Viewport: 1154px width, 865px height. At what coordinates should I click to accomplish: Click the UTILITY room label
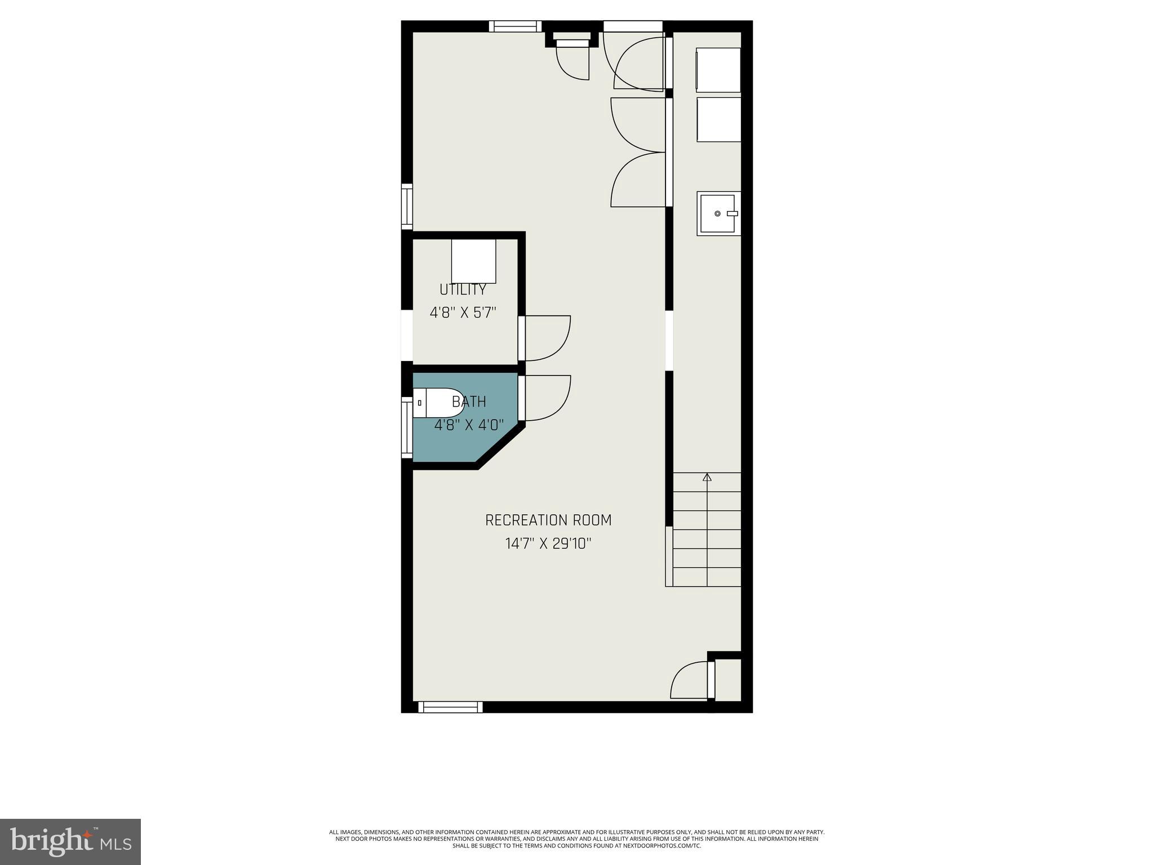[463, 289]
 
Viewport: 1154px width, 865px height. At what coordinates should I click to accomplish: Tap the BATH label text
[469, 402]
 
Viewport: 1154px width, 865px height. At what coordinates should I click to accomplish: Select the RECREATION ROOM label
[548, 520]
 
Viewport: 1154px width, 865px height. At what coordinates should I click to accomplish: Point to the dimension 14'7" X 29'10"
[548, 544]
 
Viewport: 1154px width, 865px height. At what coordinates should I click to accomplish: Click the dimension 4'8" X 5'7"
[463, 313]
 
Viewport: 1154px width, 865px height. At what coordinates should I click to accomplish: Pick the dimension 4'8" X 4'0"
[469, 425]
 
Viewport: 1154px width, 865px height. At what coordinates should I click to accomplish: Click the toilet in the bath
[437, 403]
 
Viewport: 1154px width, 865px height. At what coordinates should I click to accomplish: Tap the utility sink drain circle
[717, 213]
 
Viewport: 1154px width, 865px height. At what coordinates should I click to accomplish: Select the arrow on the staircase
[707, 478]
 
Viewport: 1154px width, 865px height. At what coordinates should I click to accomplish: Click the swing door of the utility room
[545, 338]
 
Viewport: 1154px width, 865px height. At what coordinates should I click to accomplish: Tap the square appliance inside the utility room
[473, 261]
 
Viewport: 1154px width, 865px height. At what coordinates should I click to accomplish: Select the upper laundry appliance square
[718, 70]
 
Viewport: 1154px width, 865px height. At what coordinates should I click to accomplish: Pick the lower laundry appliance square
[718, 119]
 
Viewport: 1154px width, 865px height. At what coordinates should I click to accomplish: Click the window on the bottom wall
[450, 707]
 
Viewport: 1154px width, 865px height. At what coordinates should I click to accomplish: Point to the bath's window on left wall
[406, 427]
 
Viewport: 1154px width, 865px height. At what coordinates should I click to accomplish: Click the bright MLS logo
[70, 841]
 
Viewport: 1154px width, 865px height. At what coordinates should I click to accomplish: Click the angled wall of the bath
[501, 447]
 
